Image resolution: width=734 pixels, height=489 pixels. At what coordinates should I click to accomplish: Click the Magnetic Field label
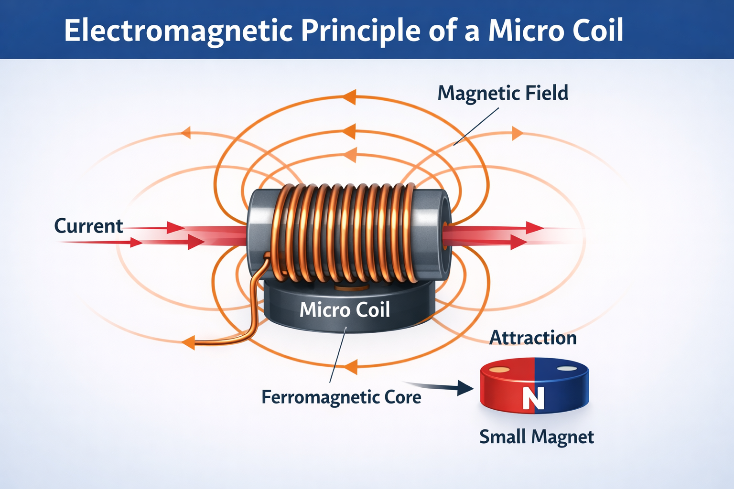503,93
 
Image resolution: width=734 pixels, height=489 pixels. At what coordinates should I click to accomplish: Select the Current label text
88,225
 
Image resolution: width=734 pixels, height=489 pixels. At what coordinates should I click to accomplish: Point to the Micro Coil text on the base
345,310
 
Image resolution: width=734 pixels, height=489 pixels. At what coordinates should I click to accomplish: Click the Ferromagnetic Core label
341,397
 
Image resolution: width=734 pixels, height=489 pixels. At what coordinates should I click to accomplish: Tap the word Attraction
533,338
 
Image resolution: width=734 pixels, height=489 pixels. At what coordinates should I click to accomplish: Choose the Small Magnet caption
536,436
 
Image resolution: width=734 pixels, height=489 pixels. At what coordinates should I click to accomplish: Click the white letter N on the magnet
533,397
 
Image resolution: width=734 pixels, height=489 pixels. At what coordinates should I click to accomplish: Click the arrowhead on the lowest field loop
351,367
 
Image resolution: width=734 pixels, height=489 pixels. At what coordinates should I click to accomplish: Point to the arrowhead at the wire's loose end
188,342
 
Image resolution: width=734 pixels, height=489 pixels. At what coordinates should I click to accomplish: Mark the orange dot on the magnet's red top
499,370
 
